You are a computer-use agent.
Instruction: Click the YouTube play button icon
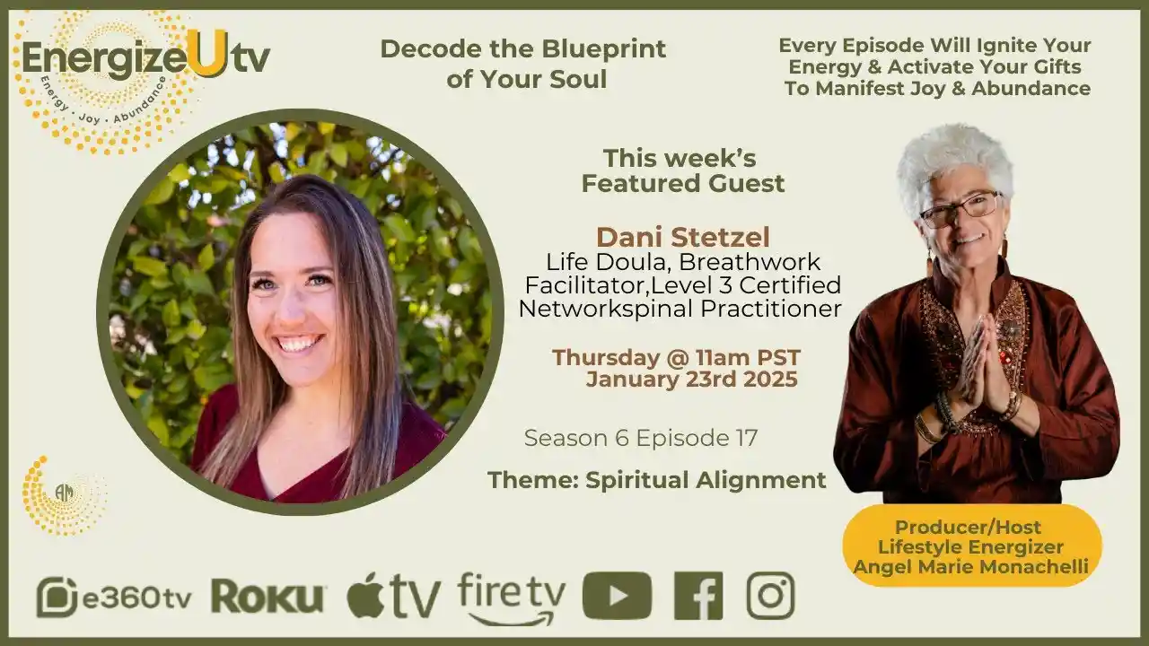click(x=617, y=596)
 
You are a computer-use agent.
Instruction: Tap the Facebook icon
click(x=697, y=596)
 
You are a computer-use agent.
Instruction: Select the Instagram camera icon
click(x=770, y=596)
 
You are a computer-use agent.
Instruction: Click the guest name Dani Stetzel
click(x=682, y=238)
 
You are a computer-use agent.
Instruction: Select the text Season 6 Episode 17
click(x=640, y=439)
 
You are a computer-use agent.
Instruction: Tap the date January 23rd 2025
click(x=691, y=380)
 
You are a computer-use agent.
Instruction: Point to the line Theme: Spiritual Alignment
click(x=656, y=480)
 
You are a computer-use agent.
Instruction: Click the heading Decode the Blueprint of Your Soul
click(x=523, y=64)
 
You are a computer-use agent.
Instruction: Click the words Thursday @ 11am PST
click(x=676, y=357)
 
